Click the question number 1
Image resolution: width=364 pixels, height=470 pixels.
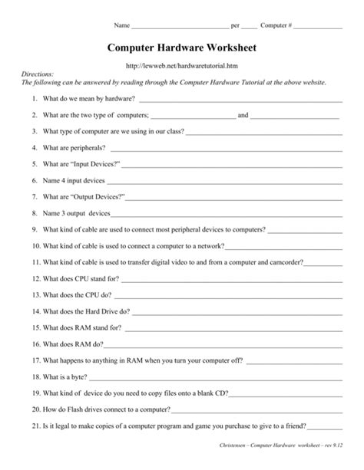point(35,100)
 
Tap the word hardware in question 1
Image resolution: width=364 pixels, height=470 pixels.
point(117,100)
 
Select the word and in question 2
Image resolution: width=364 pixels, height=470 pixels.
point(243,116)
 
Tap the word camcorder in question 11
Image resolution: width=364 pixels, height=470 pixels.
point(285,261)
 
